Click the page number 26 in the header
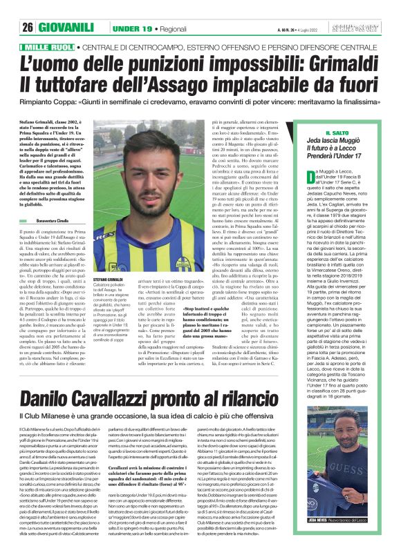pos(28,27)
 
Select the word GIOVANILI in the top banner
pos(69,27)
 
